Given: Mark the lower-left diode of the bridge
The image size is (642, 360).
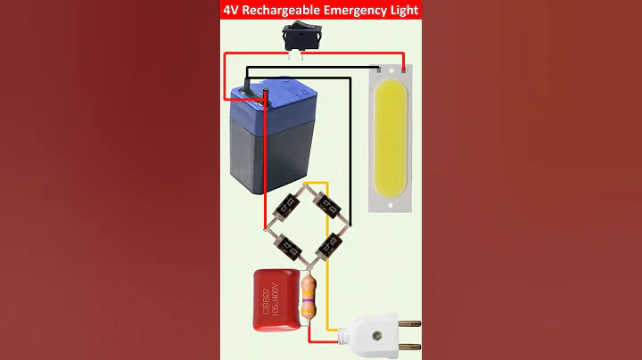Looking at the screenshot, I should (x=288, y=242).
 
